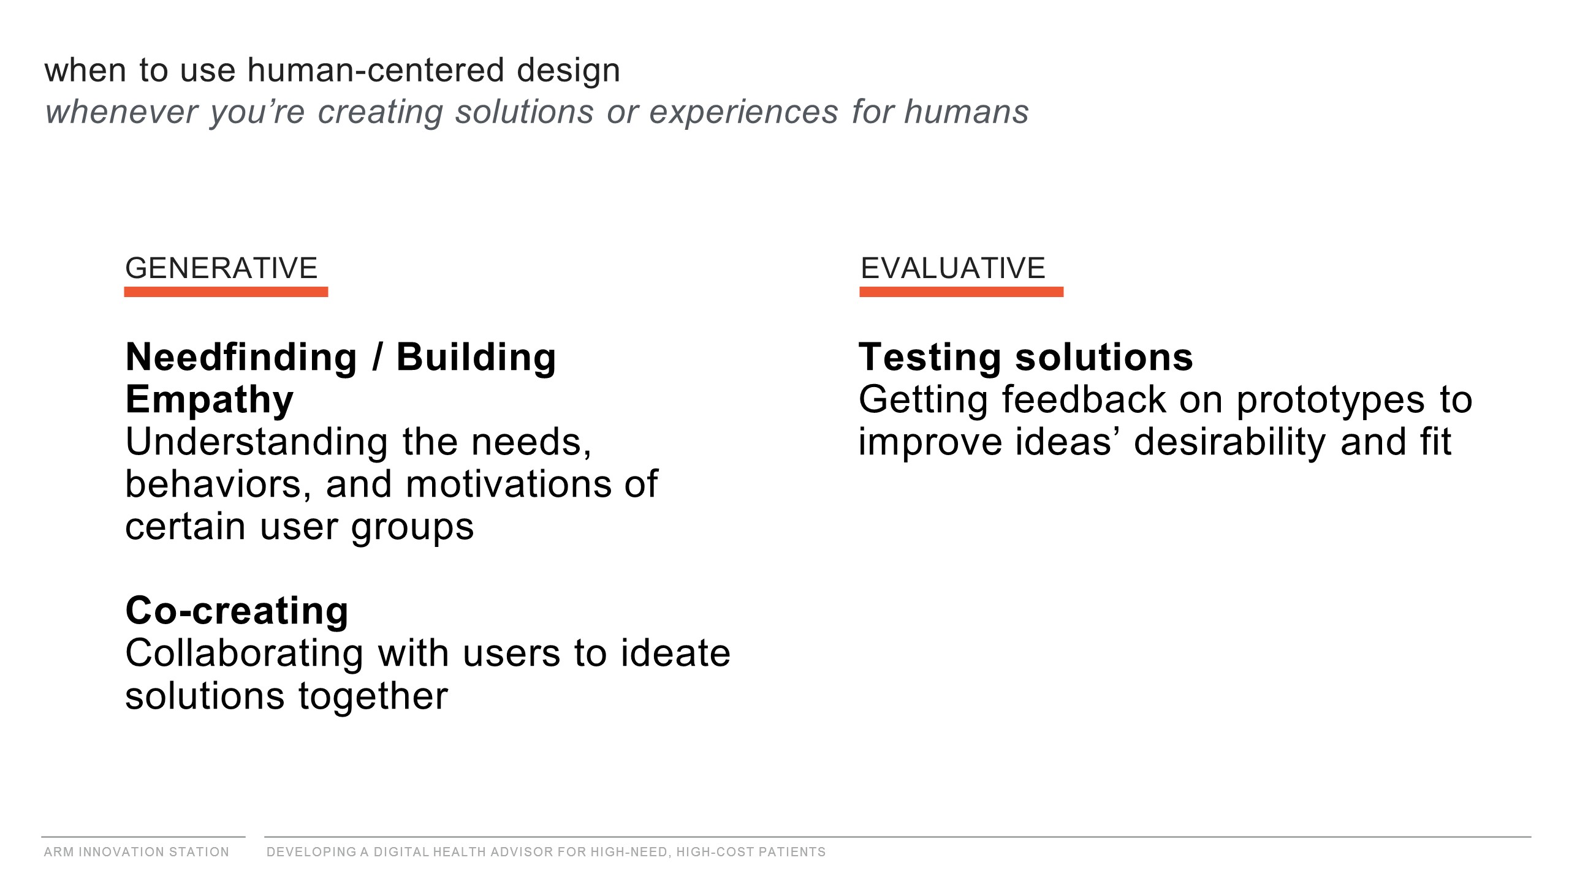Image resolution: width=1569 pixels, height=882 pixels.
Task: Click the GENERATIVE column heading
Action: click(x=221, y=268)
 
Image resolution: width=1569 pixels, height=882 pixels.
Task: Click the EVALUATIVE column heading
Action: click(x=953, y=268)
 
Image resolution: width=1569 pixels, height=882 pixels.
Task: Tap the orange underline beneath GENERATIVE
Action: click(x=226, y=292)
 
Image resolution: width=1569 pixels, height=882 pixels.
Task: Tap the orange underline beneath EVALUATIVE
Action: click(x=962, y=292)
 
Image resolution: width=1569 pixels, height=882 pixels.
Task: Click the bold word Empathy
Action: click(x=210, y=401)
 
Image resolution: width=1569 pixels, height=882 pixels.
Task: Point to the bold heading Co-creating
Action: click(x=237, y=611)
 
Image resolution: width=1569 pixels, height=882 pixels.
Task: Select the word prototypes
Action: click(x=1331, y=401)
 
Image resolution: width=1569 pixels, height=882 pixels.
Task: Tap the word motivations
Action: click(x=508, y=484)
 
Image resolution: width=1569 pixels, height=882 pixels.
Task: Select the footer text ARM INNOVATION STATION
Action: click(x=137, y=852)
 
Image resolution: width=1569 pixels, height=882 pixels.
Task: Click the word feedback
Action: click(x=1084, y=400)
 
